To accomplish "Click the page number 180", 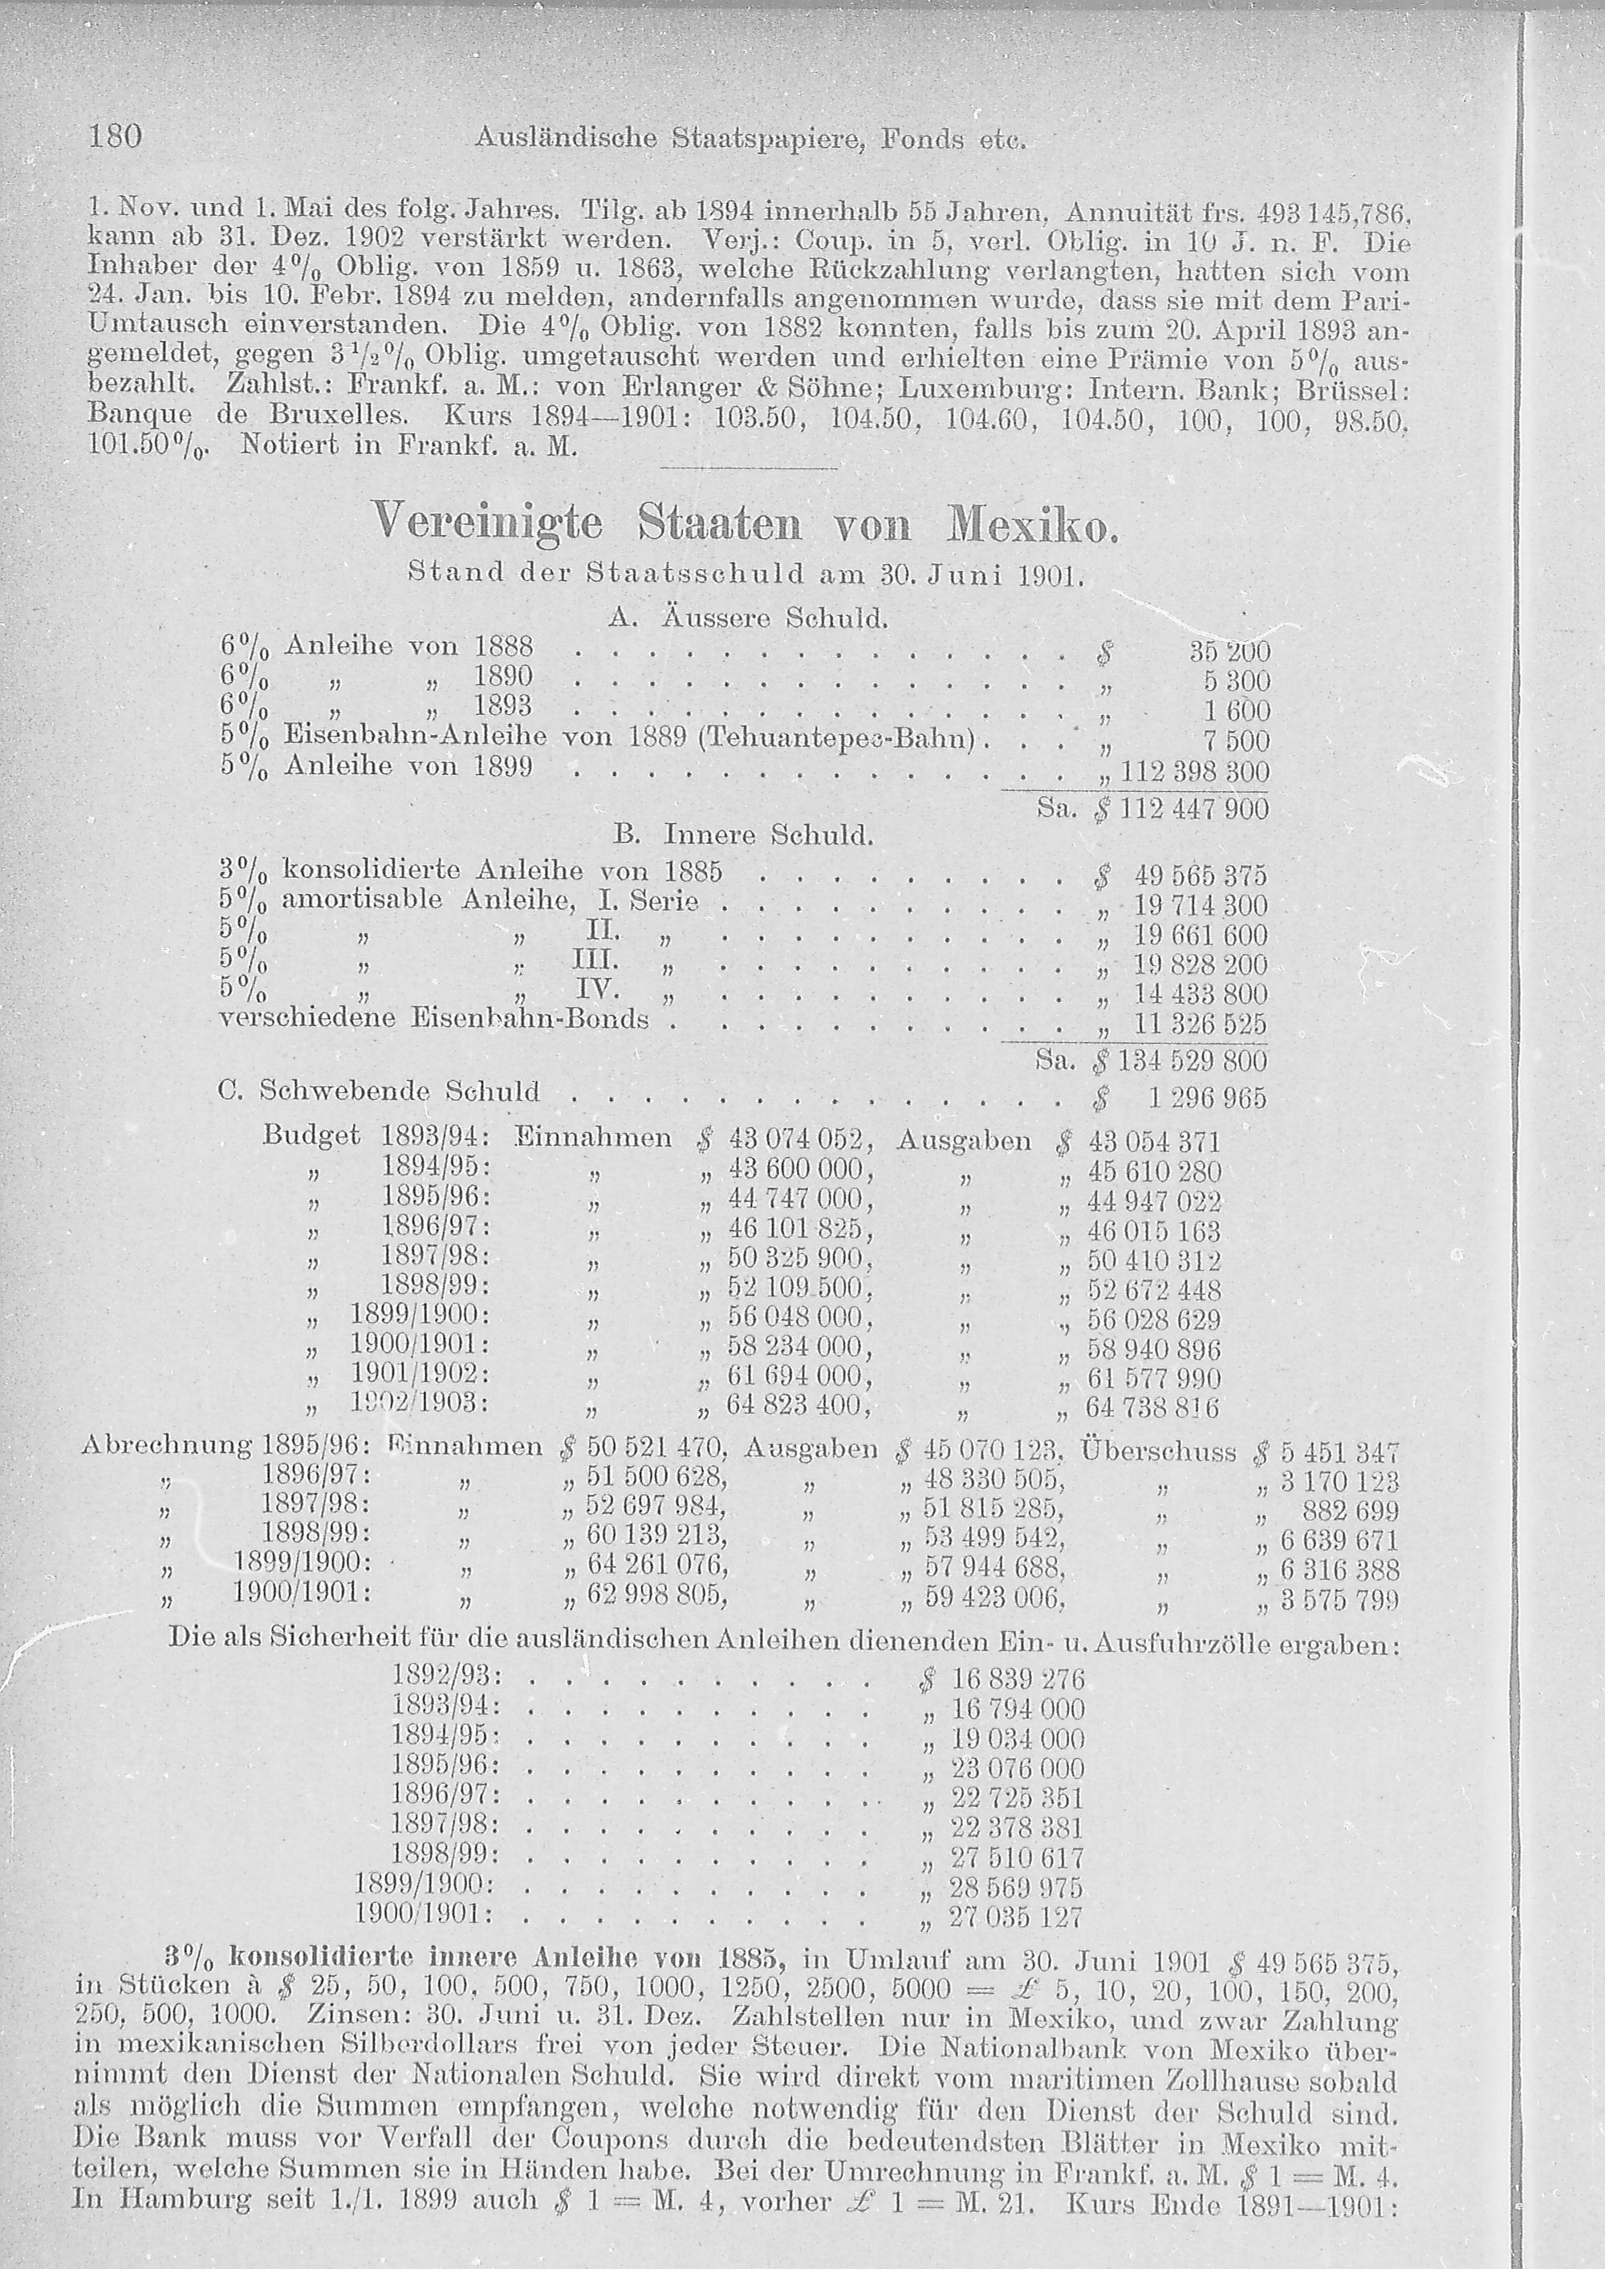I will click(x=116, y=136).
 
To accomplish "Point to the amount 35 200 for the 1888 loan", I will click(x=1229, y=651).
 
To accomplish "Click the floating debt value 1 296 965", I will click(x=1207, y=1098).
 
